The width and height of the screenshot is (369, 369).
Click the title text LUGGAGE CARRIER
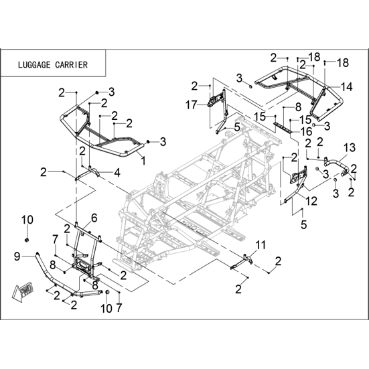tap(53, 65)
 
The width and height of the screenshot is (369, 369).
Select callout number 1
tap(143, 161)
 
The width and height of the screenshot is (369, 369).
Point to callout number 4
tap(117, 173)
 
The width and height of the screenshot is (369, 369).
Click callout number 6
tap(94, 218)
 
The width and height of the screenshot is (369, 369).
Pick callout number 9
tap(17, 256)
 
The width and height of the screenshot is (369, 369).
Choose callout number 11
tap(261, 245)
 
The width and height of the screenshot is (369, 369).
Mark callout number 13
tap(350, 148)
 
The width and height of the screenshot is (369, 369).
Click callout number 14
tap(348, 87)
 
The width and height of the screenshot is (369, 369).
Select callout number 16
tap(307, 131)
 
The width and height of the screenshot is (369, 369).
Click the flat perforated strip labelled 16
tap(283, 127)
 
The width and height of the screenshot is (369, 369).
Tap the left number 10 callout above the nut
tap(27, 220)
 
